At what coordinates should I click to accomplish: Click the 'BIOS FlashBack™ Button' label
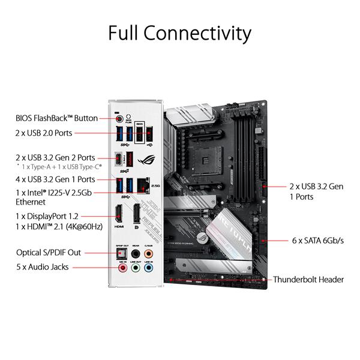tap(56, 118)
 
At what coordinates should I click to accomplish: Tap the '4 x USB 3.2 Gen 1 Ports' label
tap(55, 179)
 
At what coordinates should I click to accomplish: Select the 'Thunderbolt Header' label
tap(308, 280)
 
